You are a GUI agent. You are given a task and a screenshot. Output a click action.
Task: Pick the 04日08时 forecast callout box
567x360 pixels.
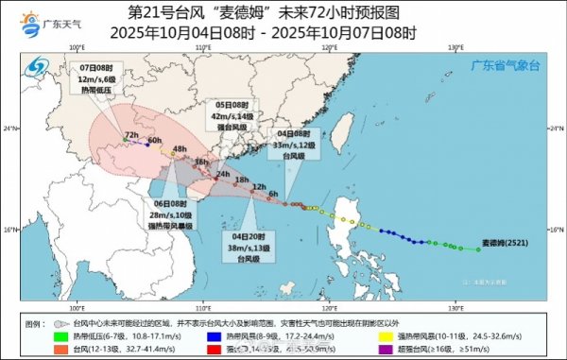coord(291,145)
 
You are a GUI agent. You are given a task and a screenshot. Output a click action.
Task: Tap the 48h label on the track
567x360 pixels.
coord(180,149)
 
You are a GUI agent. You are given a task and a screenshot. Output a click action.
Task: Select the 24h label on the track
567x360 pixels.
coord(223,175)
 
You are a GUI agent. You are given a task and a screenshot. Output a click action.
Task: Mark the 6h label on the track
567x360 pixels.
coord(273,194)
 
